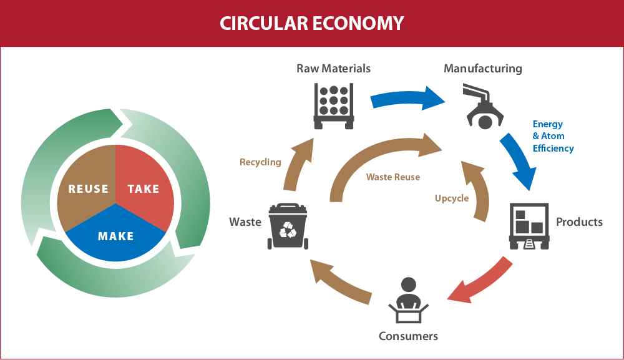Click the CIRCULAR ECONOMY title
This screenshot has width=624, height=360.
pos(311,23)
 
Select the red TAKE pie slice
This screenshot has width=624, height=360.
pos(145,187)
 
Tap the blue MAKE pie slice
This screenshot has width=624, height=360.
pos(116,237)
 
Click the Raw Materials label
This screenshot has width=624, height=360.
pos(333,68)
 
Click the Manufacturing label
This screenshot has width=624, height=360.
pos(482,68)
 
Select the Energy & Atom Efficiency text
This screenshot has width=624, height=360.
pos(552,136)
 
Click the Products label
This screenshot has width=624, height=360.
pos(579,221)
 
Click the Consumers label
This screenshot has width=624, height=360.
pos(408,336)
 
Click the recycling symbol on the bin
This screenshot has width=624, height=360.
pos(288,231)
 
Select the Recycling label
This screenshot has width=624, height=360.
pos(260,162)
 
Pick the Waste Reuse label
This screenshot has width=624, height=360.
pos(392,177)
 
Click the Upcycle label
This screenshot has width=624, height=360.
pos(451,198)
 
